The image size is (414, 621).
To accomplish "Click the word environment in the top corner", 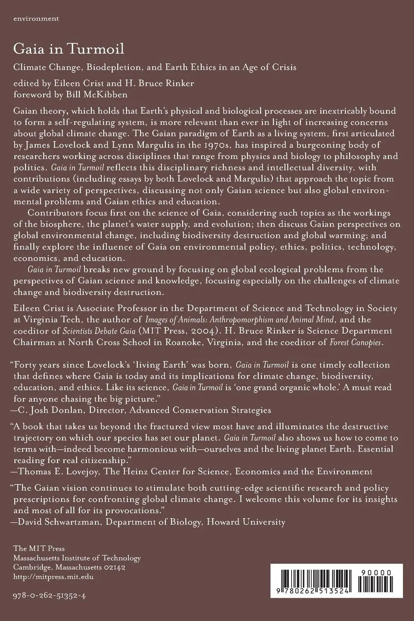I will (x=36, y=19).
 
